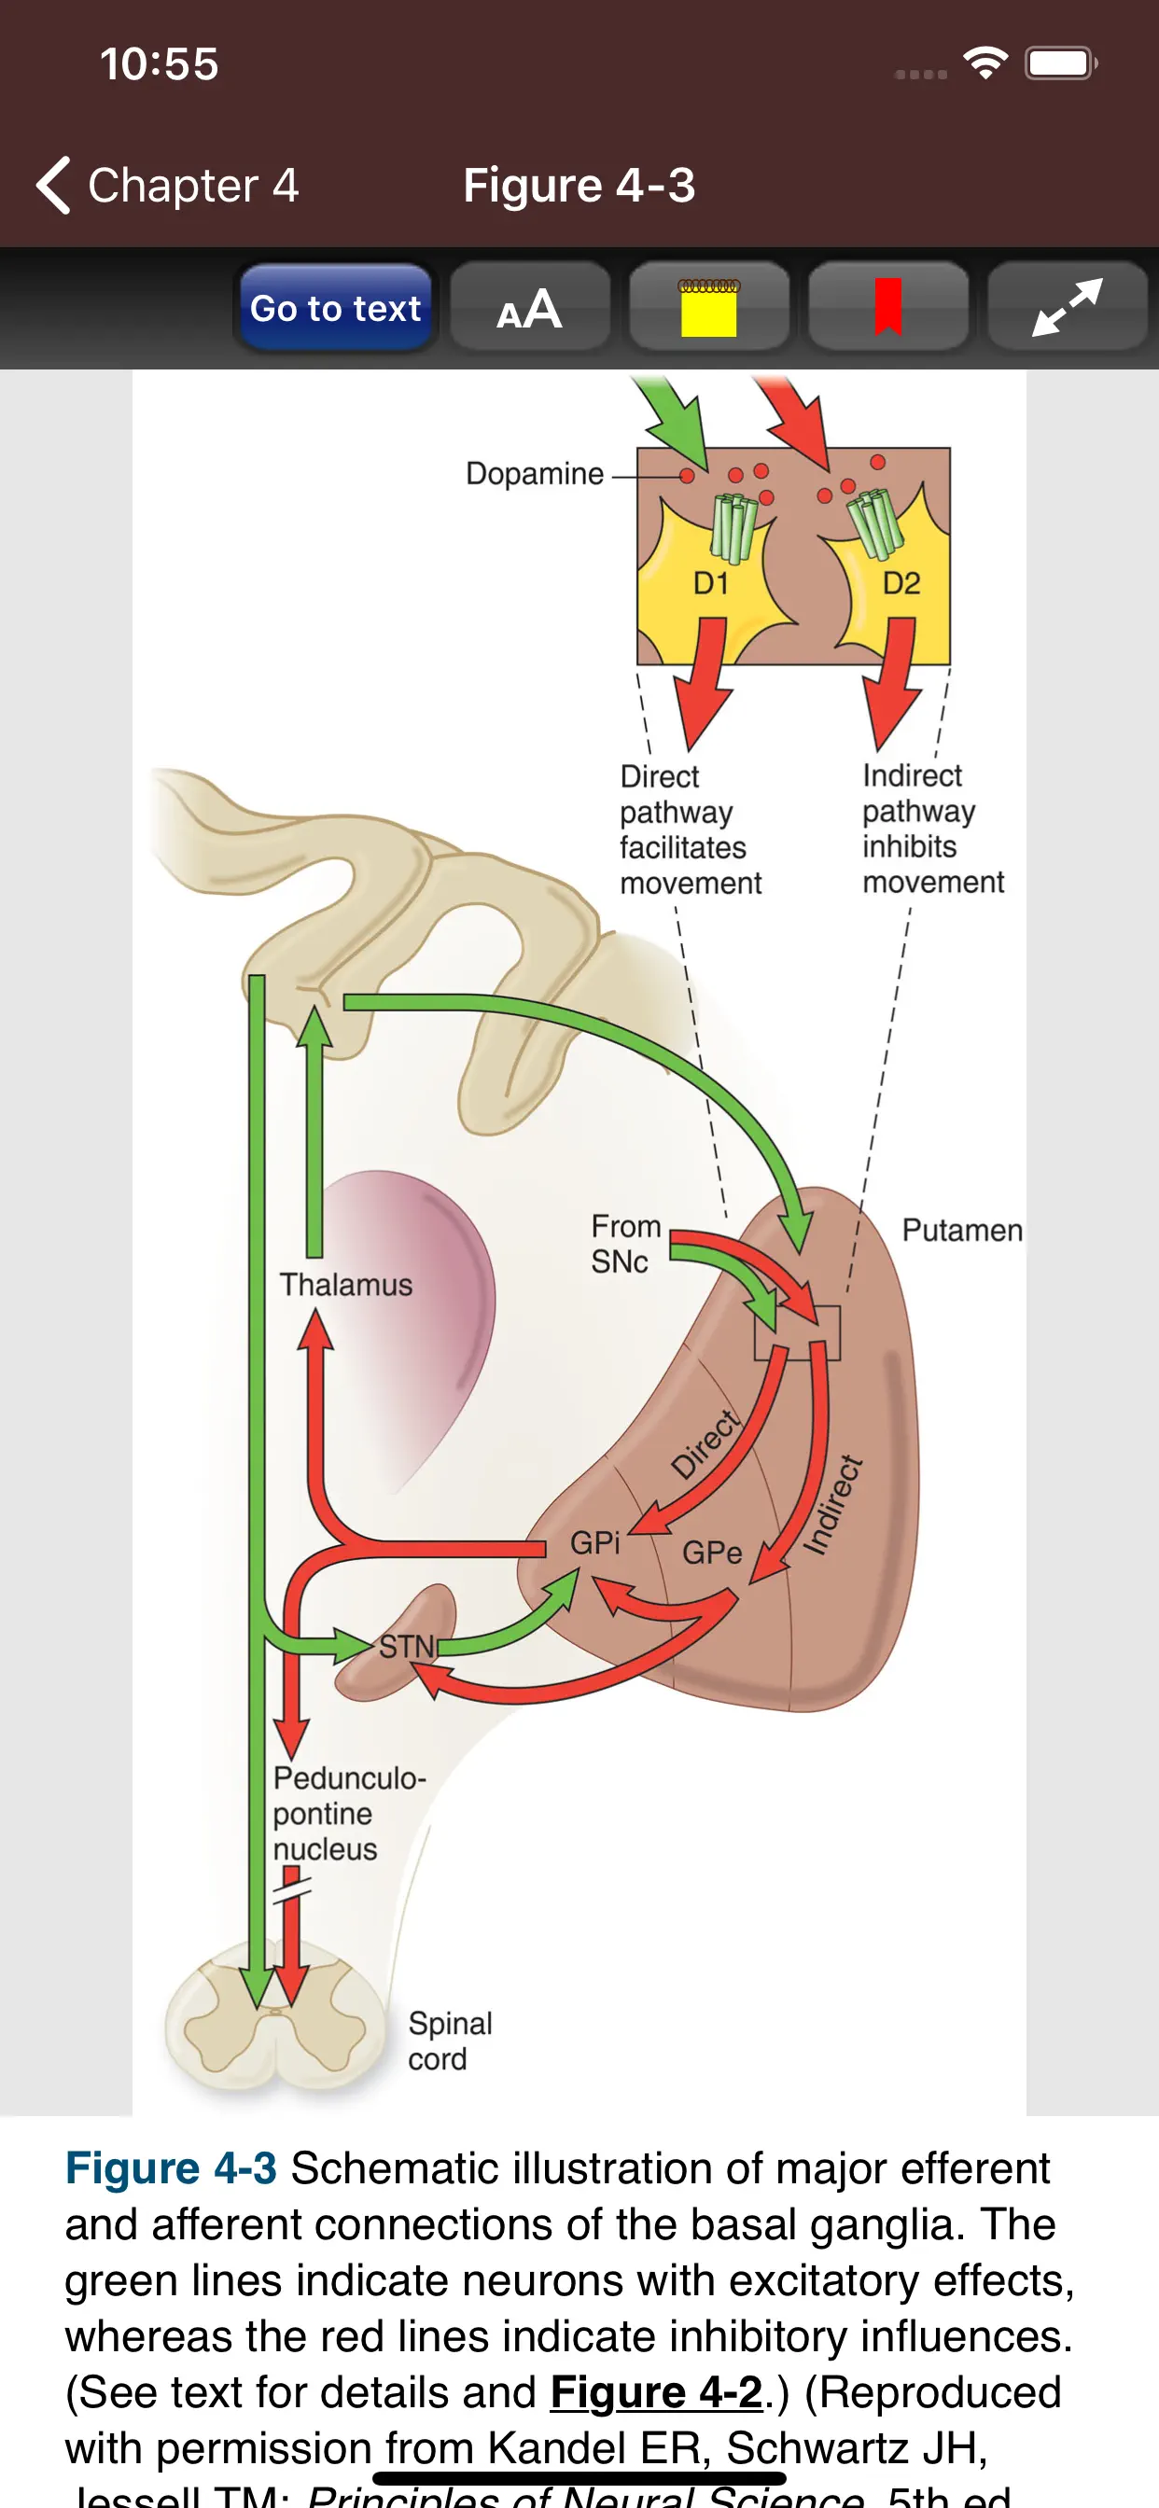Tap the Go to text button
coord(335,308)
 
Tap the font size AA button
coord(530,308)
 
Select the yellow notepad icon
coord(708,308)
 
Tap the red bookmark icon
coord(887,308)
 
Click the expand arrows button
coord(1068,308)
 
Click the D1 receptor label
coord(710,583)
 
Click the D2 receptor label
coord(901,583)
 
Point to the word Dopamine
coord(535,474)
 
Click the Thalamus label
coord(346,1285)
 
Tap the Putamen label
coord(961,1231)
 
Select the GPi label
coord(594,1542)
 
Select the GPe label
coord(712,1552)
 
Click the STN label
coord(406,1647)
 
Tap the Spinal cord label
coord(449,2041)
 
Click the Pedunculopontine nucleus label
coord(348,1813)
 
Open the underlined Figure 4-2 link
coord(655,2392)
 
